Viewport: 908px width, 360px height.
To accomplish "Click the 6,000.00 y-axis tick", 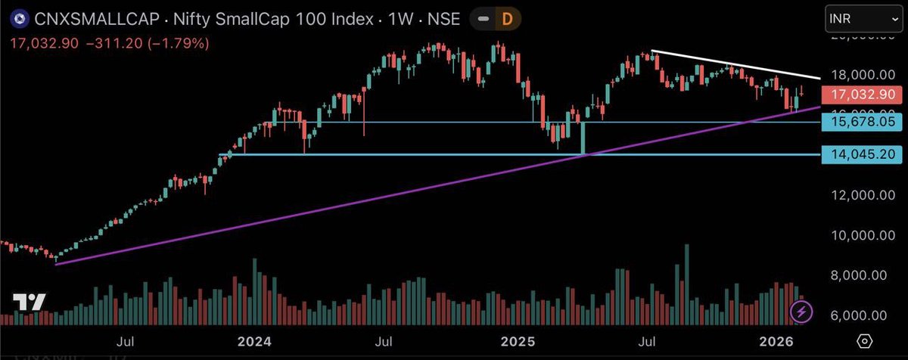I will click(863, 315).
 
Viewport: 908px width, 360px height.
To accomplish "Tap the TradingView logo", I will click(30, 302).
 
